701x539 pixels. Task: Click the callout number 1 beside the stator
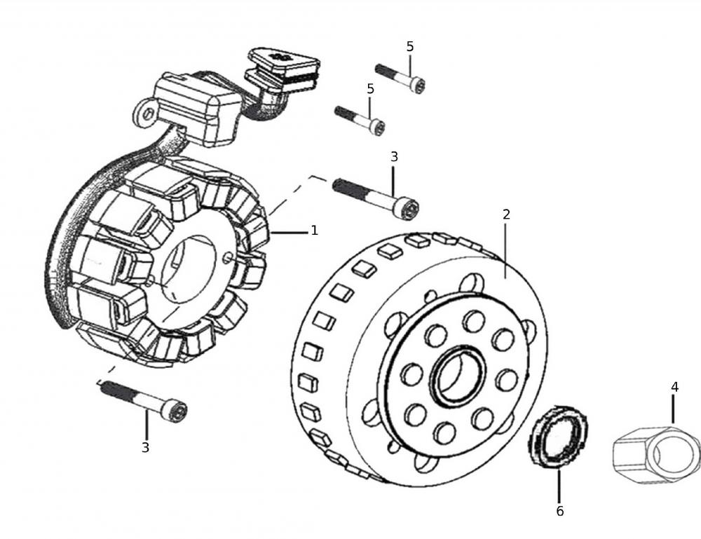pos(314,231)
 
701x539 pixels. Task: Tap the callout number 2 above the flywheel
pos(506,214)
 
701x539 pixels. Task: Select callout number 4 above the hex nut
pos(674,387)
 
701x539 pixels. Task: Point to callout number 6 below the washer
pos(560,511)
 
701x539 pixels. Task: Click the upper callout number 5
pos(410,46)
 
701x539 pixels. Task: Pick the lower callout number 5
pos(370,89)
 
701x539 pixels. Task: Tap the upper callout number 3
pos(394,157)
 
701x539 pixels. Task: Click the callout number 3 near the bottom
pos(145,447)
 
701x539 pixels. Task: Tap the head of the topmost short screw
pos(418,85)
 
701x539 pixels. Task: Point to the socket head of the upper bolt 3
pos(407,210)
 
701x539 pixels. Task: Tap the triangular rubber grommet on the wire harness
pos(284,61)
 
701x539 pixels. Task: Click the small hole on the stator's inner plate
pos(227,258)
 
